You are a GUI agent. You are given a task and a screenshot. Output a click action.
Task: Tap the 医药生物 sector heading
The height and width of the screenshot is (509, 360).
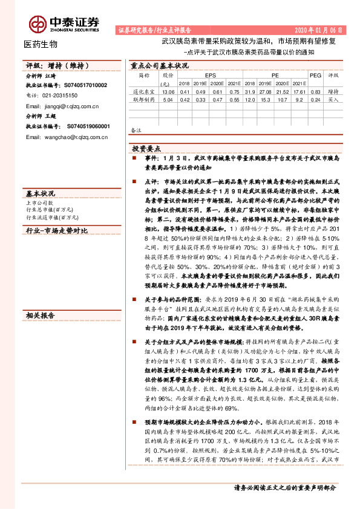[x=41, y=44]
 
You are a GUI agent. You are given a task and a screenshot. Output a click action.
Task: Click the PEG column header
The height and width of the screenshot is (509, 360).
[x=315, y=75]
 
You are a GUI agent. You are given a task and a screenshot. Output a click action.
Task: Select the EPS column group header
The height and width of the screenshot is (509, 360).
[x=210, y=75]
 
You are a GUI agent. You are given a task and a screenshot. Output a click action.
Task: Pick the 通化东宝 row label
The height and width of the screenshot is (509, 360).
[x=144, y=92]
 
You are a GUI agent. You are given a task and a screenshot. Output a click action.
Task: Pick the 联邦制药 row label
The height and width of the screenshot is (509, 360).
[x=144, y=100]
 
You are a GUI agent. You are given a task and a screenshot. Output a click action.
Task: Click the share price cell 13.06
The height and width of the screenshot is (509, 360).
[x=168, y=92]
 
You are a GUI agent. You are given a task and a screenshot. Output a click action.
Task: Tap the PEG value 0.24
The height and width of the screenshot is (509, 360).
[x=315, y=100]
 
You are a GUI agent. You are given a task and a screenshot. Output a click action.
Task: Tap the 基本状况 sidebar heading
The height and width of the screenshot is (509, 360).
[x=40, y=193]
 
